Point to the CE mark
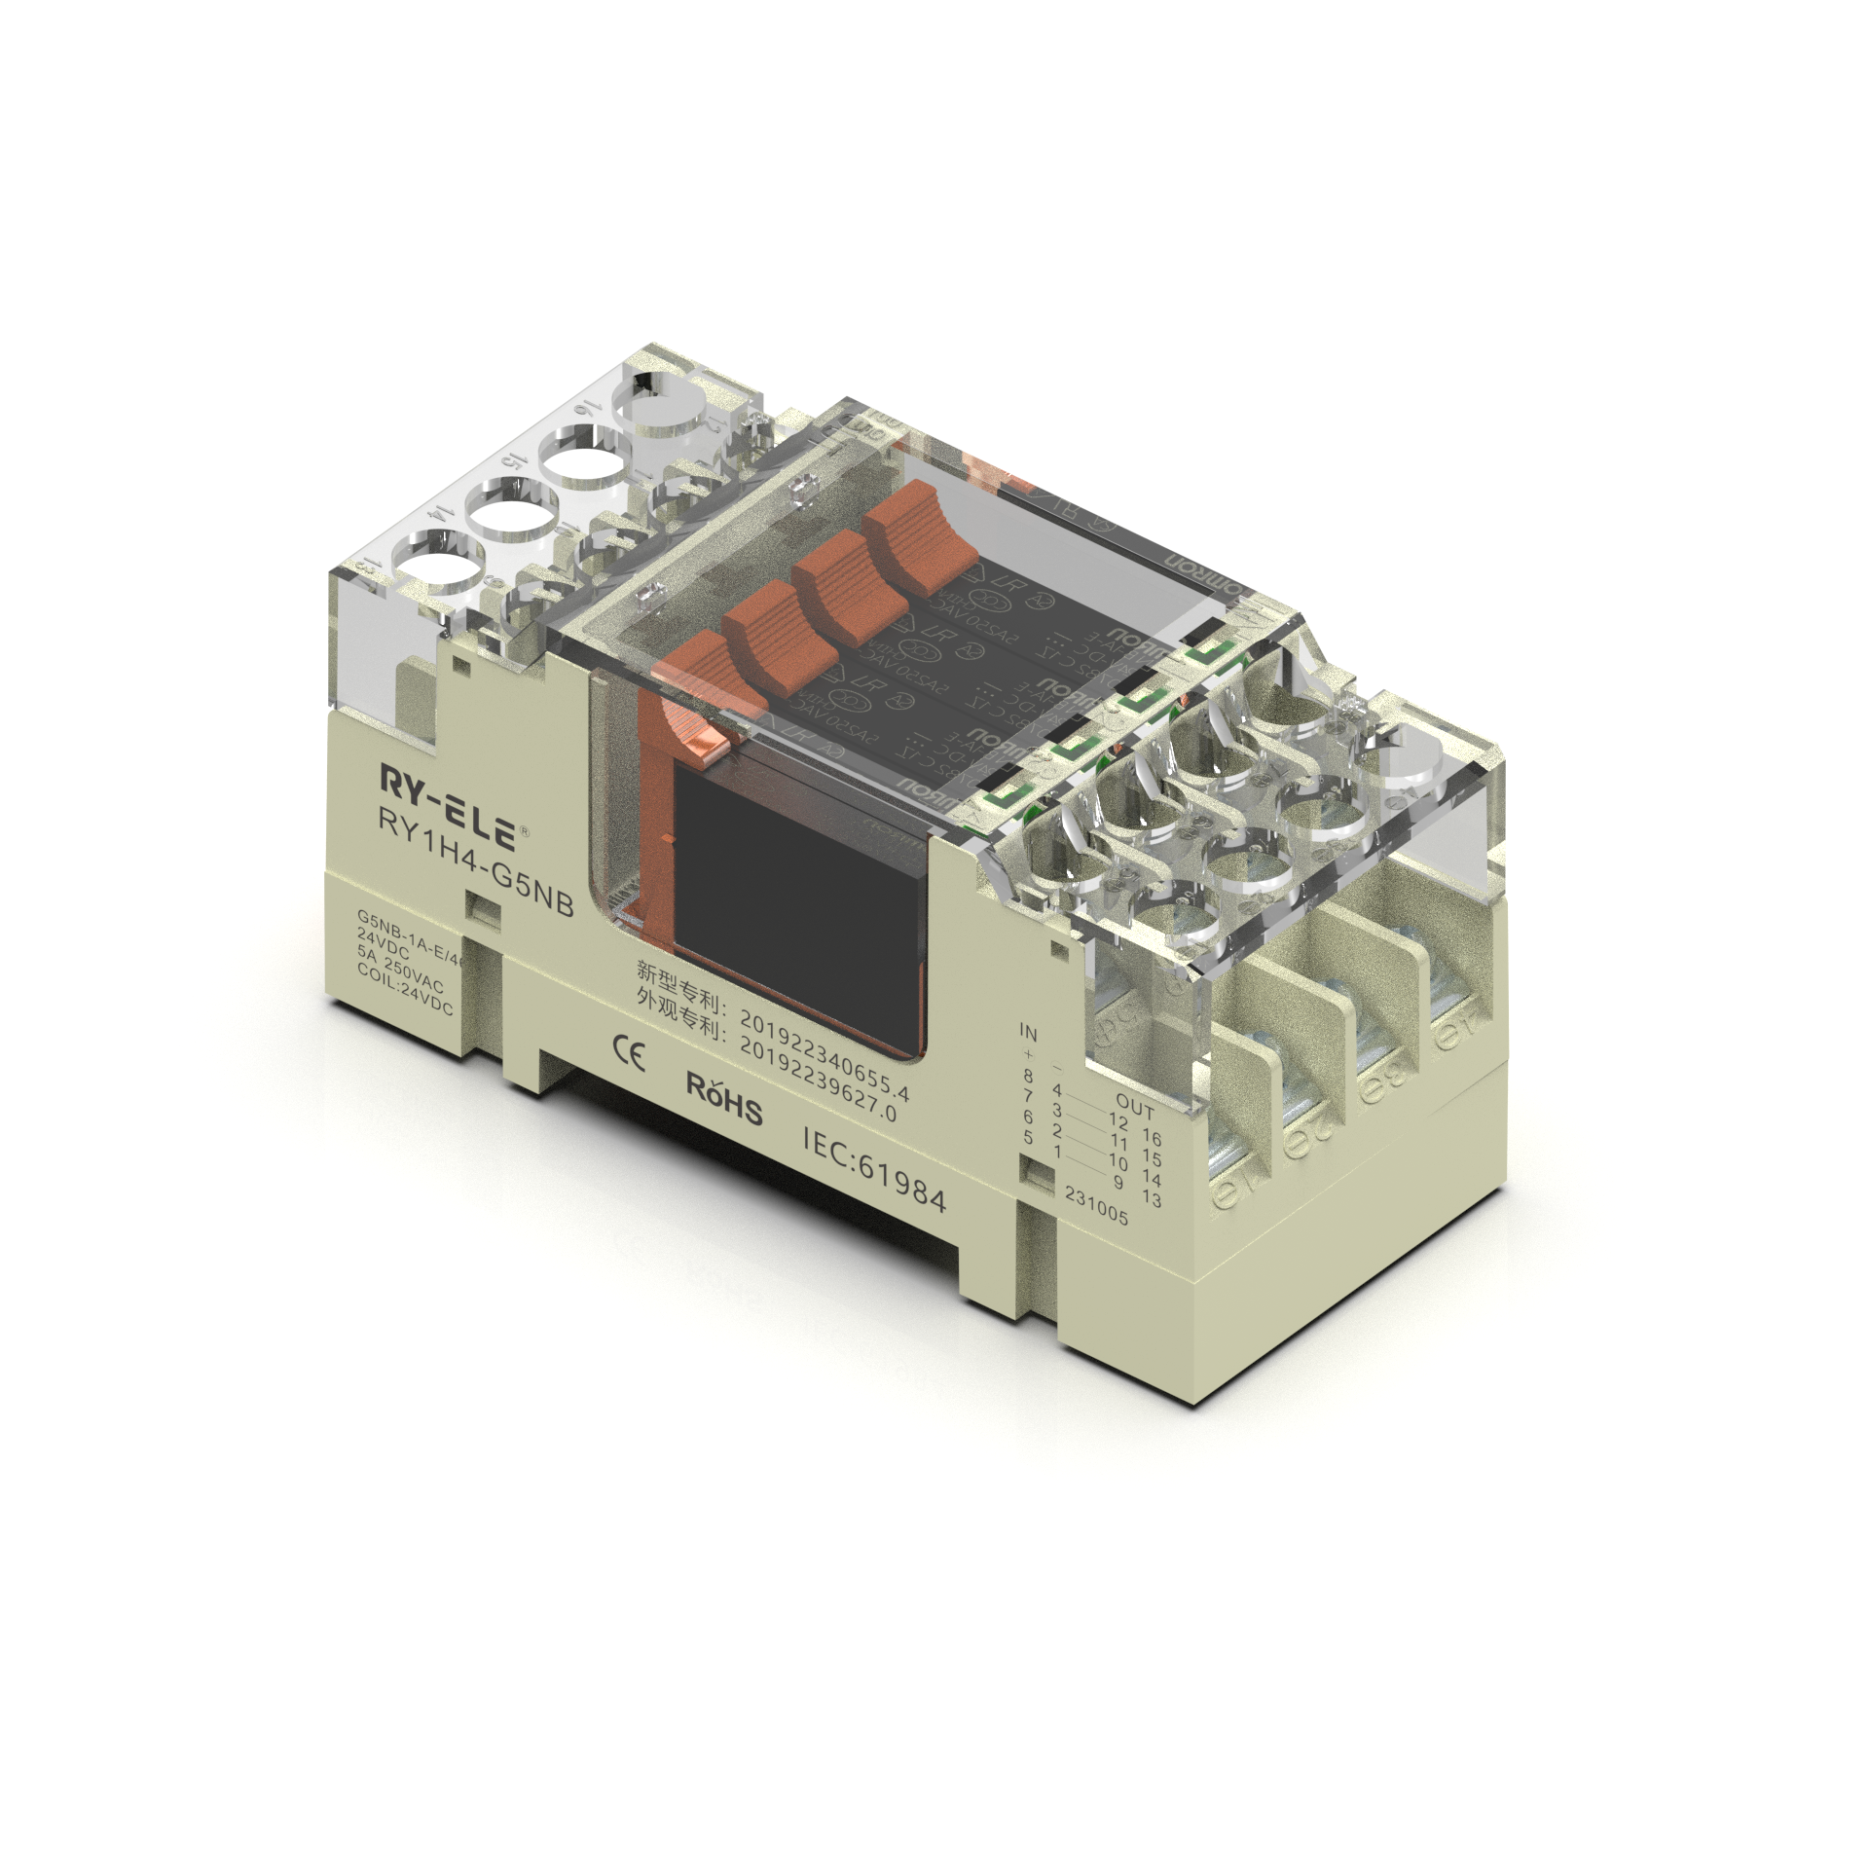tap(628, 1052)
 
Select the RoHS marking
tap(724, 1097)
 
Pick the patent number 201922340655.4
tap(824, 1055)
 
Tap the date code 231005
tap(1096, 1206)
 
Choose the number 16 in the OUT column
tap(1152, 1137)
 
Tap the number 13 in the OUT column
tap(1152, 1199)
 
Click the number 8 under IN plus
tap(1028, 1076)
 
